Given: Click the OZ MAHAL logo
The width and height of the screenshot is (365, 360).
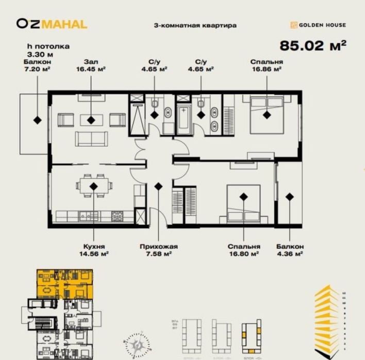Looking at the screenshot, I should pyautogui.click(x=52, y=24).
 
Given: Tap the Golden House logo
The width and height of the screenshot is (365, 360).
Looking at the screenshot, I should pyautogui.click(x=318, y=25).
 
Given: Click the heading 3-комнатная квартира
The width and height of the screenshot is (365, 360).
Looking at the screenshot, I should pyautogui.click(x=195, y=25).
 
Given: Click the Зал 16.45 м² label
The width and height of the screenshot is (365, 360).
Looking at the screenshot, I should pyautogui.click(x=91, y=65).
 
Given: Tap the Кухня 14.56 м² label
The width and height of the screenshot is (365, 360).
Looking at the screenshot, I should pyautogui.click(x=93, y=250).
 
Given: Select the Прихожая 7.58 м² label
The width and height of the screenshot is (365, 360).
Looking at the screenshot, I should pyautogui.click(x=158, y=250).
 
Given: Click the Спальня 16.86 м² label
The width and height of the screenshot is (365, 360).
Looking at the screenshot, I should pyautogui.click(x=267, y=65).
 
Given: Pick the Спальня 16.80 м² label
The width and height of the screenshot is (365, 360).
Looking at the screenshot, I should pyautogui.click(x=243, y=250).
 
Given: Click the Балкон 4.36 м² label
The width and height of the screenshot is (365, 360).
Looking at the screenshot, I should pyautogui.click(x=289, y=250).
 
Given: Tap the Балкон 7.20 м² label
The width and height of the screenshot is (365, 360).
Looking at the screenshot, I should pyautogui.click(x=37, y=65).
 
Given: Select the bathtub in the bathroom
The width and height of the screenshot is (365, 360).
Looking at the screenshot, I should pyautogui.click(x=184, y=118).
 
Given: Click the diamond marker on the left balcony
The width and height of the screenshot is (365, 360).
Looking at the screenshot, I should pyautogui.click(x=37, y=119).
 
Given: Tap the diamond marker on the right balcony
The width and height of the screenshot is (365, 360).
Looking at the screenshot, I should pyautogui.click(x=289, y=196).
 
